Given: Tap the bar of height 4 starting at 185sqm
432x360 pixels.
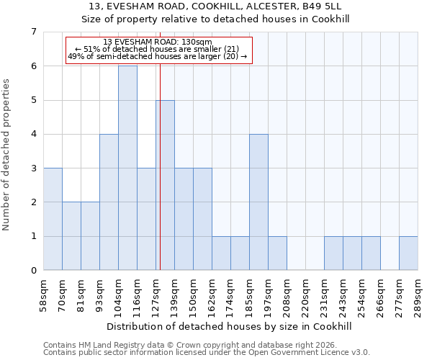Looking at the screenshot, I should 258,202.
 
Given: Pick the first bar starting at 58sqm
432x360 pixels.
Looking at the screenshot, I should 53,219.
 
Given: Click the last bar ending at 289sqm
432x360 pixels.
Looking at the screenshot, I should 408,253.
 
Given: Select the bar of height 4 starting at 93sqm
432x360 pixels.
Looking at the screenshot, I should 109,202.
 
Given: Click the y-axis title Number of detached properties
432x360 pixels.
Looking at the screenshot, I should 7,155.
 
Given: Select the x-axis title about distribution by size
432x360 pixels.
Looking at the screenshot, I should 231,326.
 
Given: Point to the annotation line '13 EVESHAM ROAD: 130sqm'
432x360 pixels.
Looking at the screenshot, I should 157,42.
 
